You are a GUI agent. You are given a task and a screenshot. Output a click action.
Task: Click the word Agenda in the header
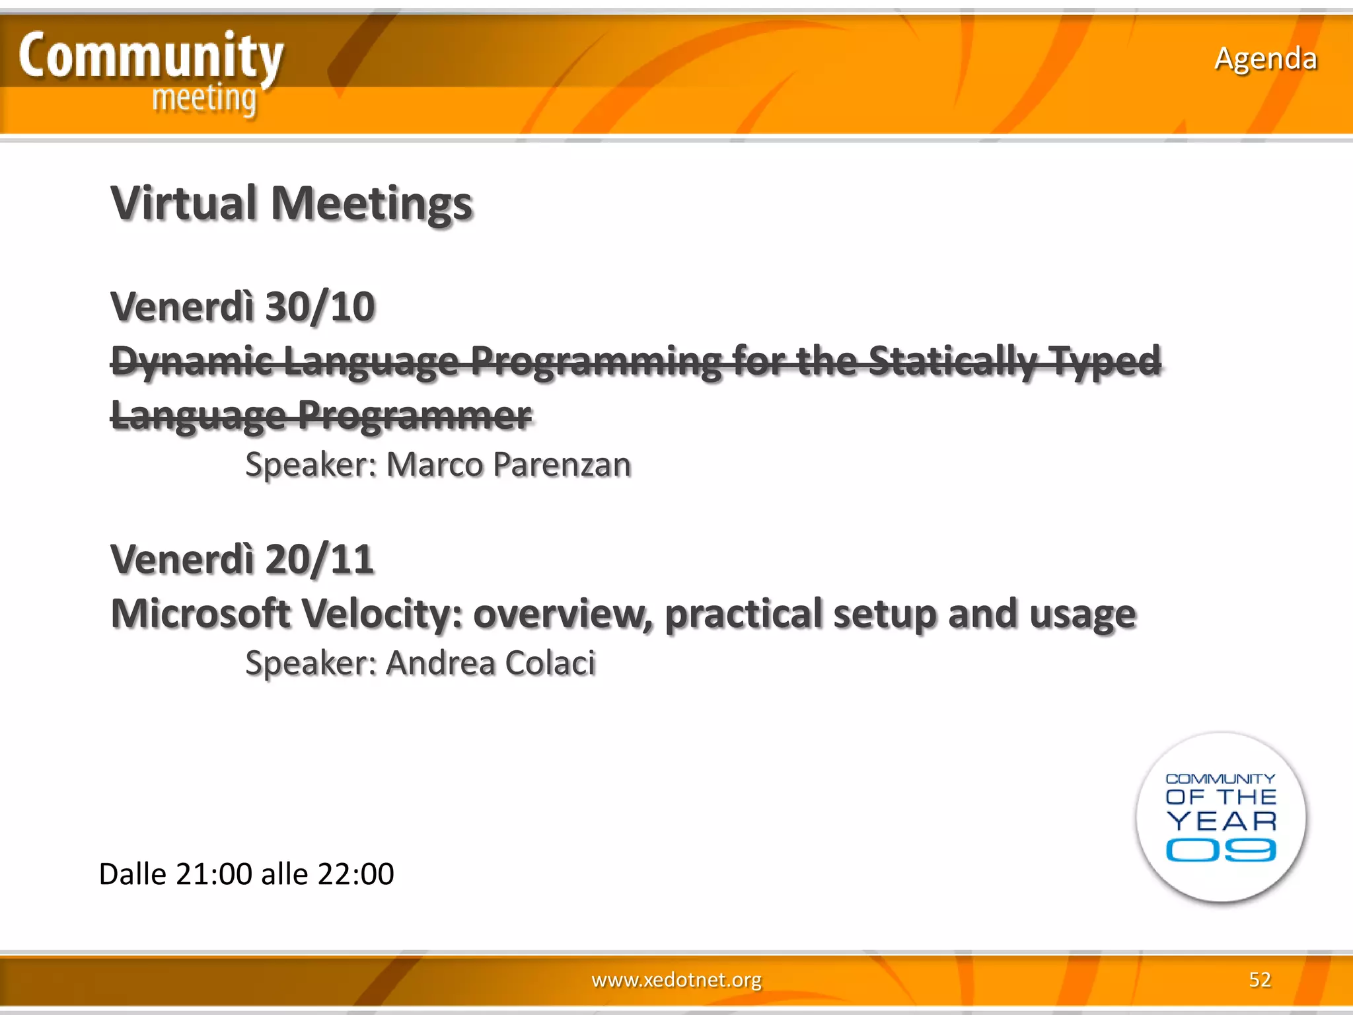[x=1265, y=59]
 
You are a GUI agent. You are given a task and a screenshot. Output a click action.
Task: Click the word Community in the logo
[x=151, y=56]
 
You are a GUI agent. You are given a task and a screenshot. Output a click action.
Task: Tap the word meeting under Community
[x=204, y=99]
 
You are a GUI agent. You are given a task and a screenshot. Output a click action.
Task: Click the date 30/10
[x=320, y=307]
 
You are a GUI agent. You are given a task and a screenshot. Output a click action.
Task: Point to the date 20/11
[x=320, y=560]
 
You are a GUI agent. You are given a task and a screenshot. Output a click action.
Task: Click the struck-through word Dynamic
[x=192, y=361]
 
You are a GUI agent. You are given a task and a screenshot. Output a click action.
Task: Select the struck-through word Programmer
[x=414, y=416]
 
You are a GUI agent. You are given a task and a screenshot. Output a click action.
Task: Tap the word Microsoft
[x=200, y=614]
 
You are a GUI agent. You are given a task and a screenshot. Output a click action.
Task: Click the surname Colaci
[x=550, y=663]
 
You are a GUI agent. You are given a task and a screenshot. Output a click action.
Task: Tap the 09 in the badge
[x=1220, y=850]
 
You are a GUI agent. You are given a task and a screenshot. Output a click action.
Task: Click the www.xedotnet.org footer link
[x=676, y=979]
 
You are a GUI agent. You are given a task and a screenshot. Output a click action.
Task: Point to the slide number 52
[x=1259, y=979]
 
